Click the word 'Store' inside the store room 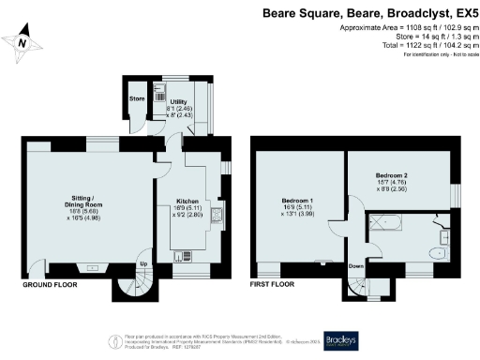coord(135,97)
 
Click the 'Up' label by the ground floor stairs coord(143,263)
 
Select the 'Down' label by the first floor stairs coord(356,265)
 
